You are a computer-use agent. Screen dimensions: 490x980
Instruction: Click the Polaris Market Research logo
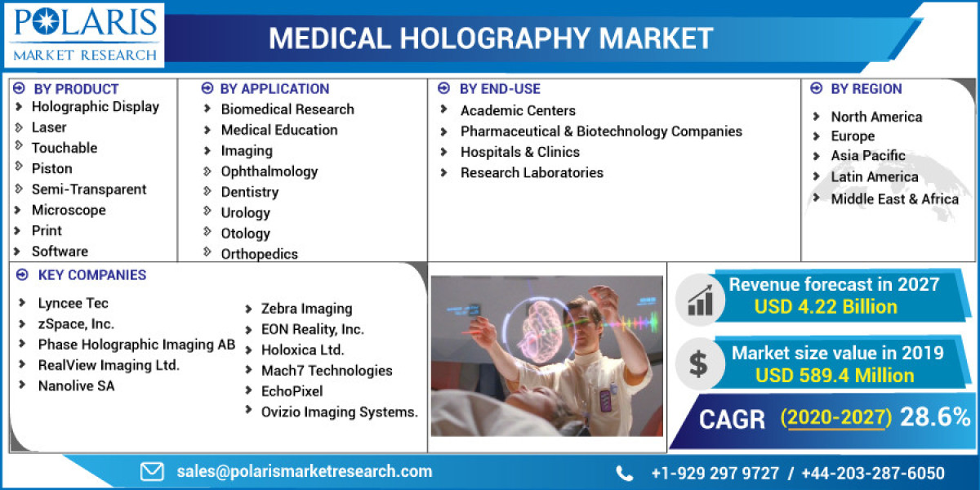point(84,35)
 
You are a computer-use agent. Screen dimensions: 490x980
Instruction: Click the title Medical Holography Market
point(491,38)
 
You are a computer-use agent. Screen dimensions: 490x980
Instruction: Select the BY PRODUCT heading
point(76,89)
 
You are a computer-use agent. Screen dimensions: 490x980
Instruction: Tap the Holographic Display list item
point(95,106)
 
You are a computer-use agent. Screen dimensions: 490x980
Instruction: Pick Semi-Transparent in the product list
point(88,189)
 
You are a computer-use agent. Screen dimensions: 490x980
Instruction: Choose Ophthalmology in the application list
point(269,171)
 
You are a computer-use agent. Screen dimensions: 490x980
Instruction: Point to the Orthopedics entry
point(259,254)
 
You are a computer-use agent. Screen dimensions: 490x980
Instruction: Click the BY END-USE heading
point(499,89)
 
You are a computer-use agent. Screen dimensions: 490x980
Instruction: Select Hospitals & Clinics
point(519,152)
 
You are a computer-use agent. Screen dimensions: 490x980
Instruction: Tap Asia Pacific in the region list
point(867,156)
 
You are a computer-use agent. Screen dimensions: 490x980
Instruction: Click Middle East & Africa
point(894,198)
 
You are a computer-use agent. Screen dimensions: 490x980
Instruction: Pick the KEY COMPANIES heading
point(91,275)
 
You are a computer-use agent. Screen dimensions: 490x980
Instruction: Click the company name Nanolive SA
point(76,385)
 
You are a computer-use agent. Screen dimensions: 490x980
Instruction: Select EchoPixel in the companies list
point(292,391)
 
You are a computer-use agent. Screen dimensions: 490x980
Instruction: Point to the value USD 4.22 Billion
point(826,307)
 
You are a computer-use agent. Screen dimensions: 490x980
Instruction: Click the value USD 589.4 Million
point(834,376)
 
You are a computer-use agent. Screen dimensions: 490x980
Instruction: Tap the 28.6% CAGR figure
point(934,417)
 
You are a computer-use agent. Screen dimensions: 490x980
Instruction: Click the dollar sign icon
point(698,364)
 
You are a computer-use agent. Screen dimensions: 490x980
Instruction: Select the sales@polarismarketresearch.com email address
point(304,471)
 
